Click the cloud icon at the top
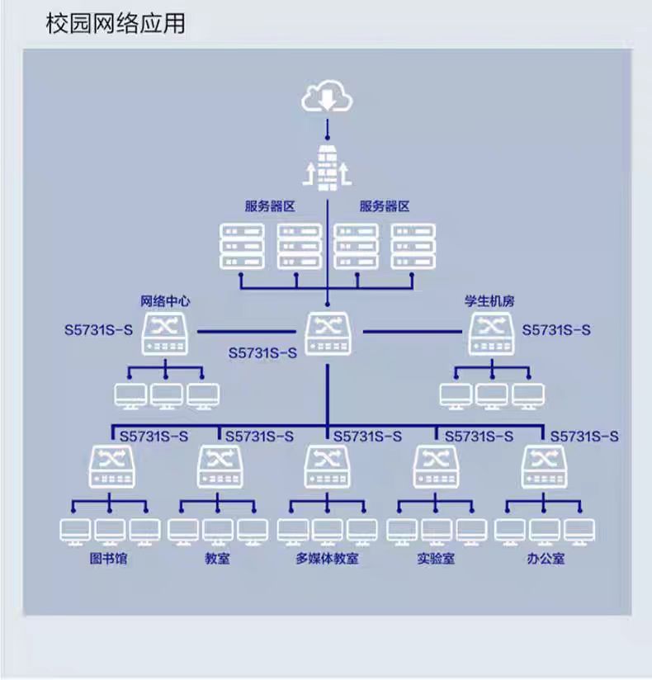[x=327, y=97]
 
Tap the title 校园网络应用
[x=116, y=23]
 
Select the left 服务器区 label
[x=269, y=206]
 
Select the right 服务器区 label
[x=385, y=206]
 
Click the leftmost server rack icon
[x=242, y=246]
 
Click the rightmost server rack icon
[x=413, y=246]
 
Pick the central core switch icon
[x=327, y=333]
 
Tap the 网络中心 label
[x=166, y=301]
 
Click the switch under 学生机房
[x=493, y=333]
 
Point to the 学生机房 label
[x=489, y=301]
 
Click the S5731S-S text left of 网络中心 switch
[x=98, y=331]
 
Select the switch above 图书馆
[x=111, y=467]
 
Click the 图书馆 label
[x=110, y=560]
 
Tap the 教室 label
[x=218, y=560]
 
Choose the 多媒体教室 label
[x=327, y=560]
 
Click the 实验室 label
[x=435, y=560]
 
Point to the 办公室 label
[x=546, y=560]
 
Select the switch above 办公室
[x=544, y=467]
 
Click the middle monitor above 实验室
[x=437, y=531]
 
